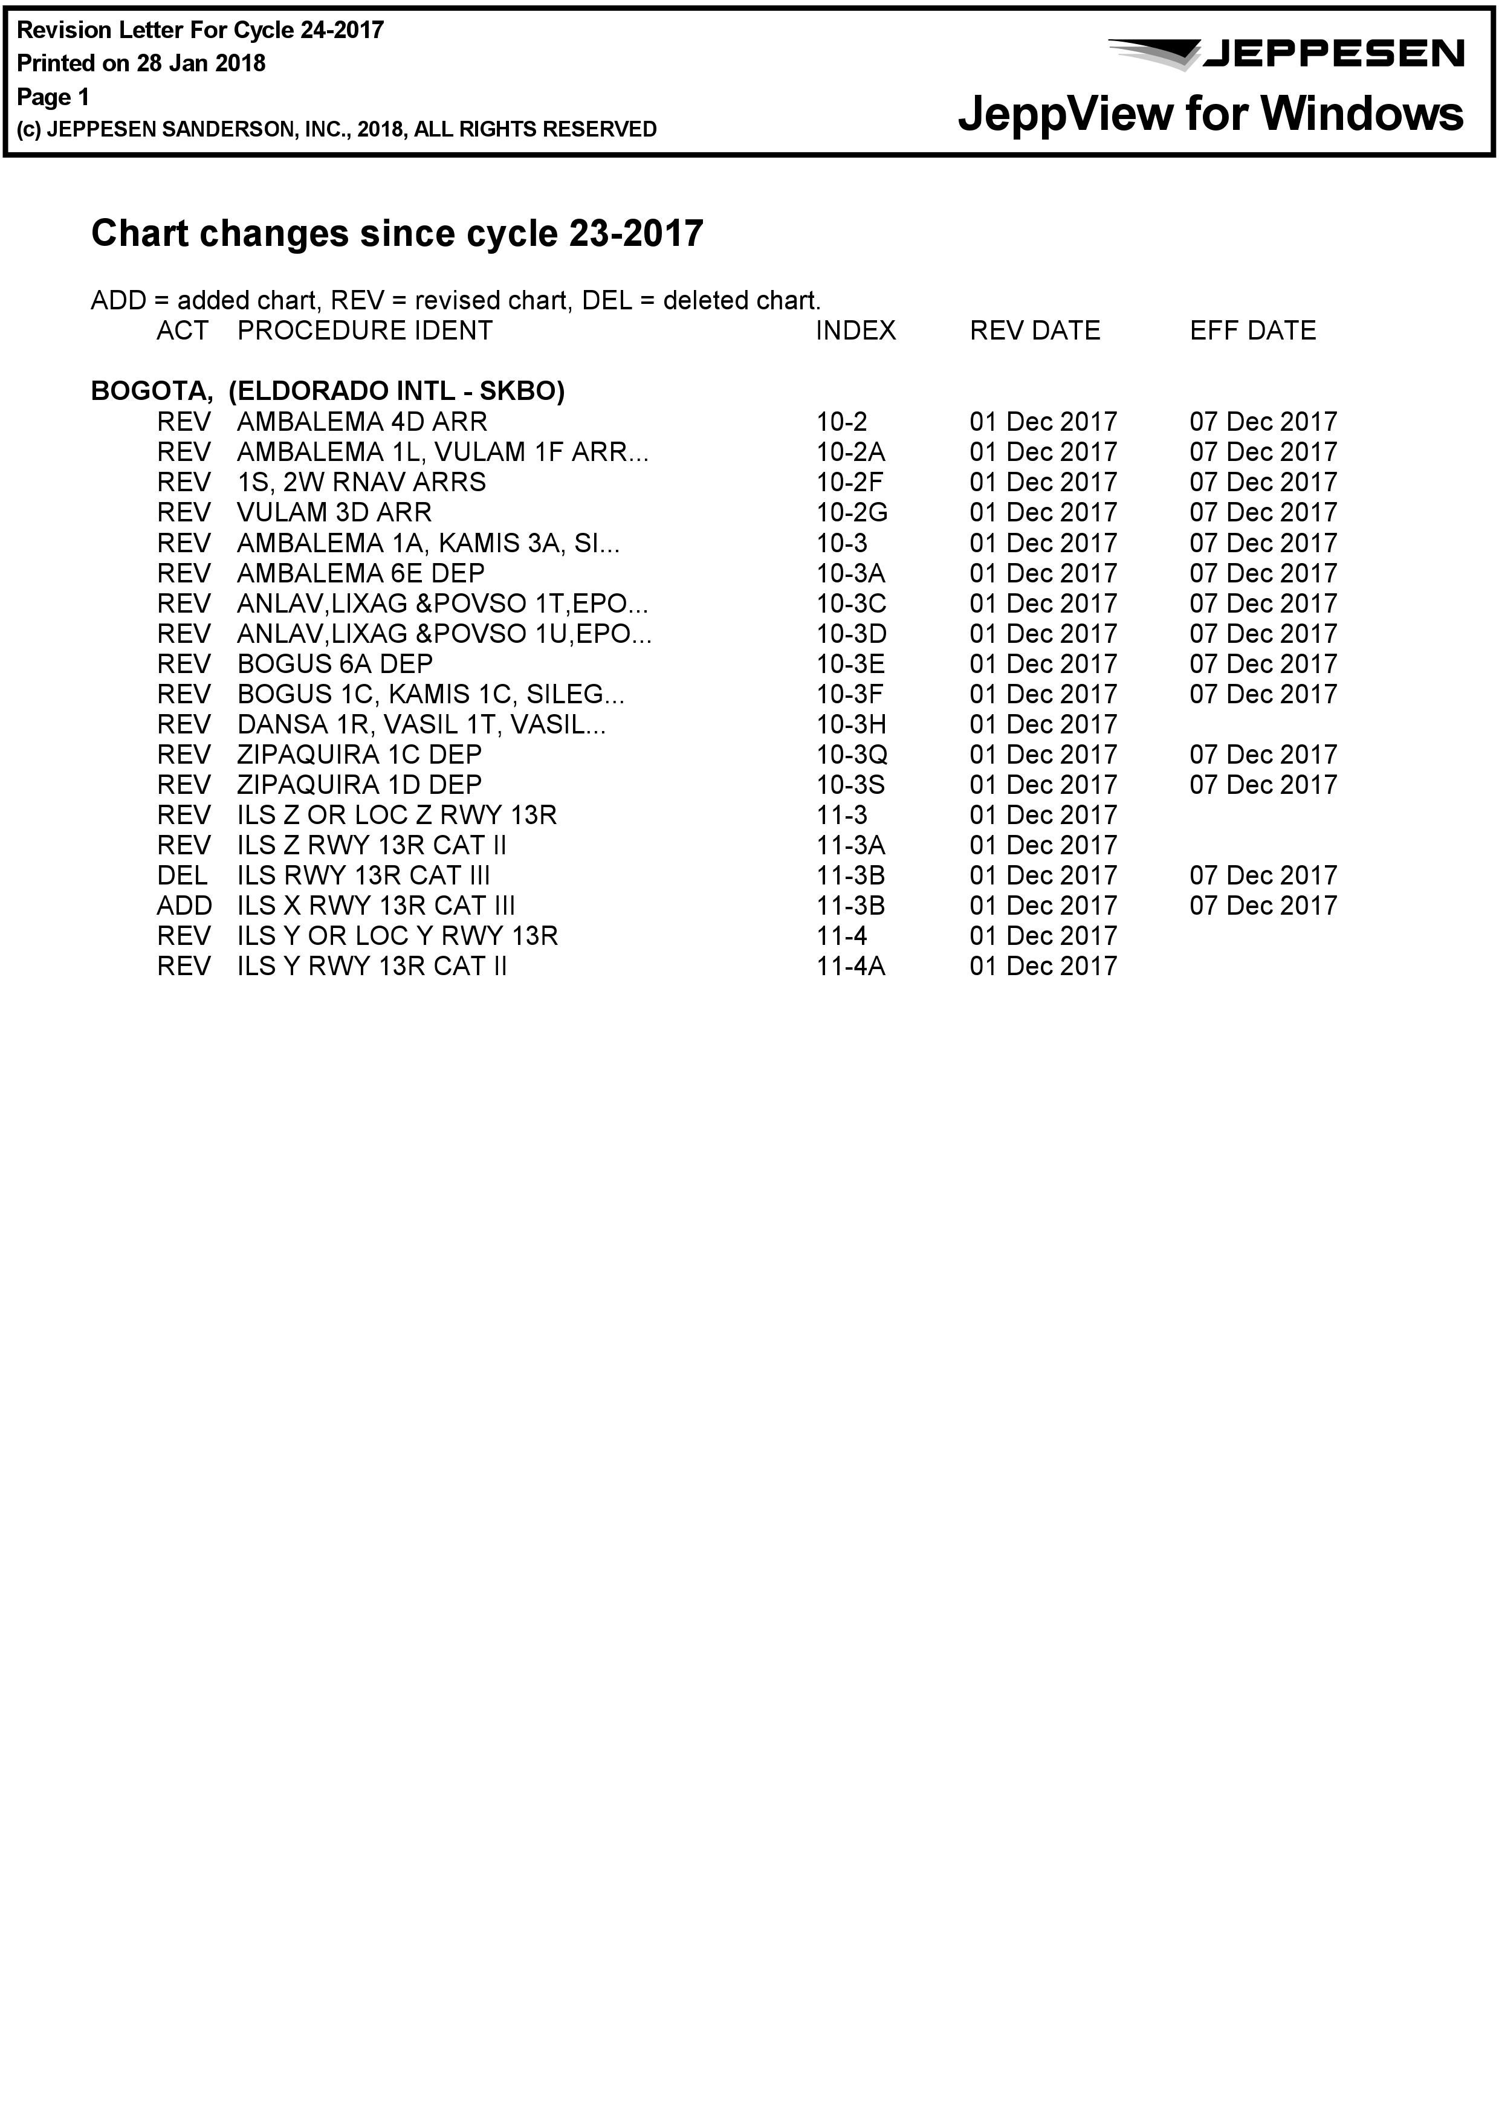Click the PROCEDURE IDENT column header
pyautogui.click(x=365, y=330)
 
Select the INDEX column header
pyautogui.click(x=855, y=330)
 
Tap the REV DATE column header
pyautogui.click(x=1034, y=330)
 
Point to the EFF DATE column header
pyautogui.click(x=1252, y=330)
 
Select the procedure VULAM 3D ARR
pyautogui.click(x=334, y=512)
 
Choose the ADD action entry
pyautogui.click(x=184, y=906)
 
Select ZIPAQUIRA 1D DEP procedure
pyautogui.click(x=359, y=785)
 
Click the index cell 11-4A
pyautogui.click(x=850, y=966)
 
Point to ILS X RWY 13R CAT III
pyautogui.click(x=376, y=906)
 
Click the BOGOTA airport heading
pyautogui.click(x=328, y=390)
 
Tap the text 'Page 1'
pyautogui.click(x=54, y=97)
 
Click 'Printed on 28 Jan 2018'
pyautogui.click(x=141, y=63)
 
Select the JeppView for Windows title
pyautogui.click(x=1210, y=114)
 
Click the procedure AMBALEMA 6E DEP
pyautogui.click(x=361, y=573)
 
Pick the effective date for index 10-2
pyautogui.click(x=1263, y=422)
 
